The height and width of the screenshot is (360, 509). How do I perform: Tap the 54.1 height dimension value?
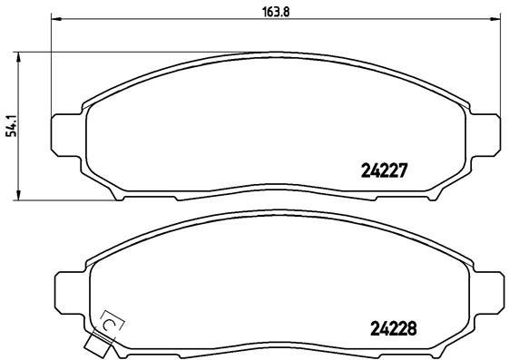pos(10,125)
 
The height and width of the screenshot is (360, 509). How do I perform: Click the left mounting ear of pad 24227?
pos(66,133)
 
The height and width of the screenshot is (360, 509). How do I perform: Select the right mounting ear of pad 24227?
pos(489,133)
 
